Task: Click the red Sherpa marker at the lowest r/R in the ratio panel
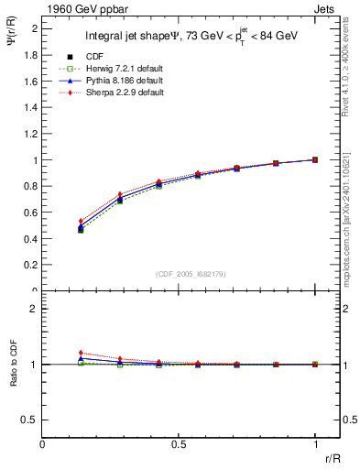pos(81,353)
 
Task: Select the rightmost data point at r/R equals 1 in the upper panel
pos(315,159)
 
